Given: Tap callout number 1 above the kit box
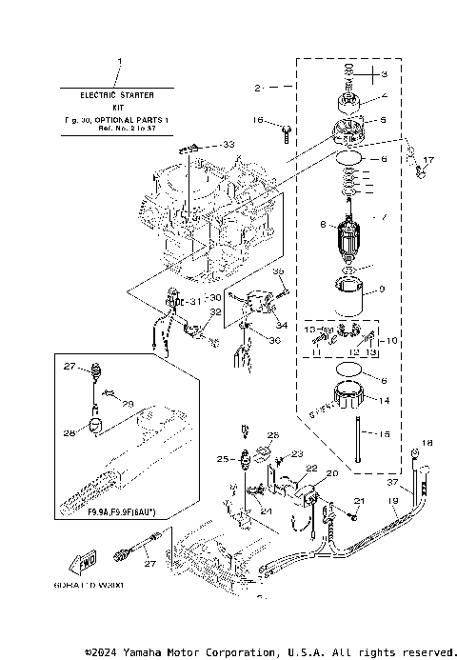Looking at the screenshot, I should tap(119, 63).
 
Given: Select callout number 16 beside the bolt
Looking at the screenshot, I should tap(258, 121).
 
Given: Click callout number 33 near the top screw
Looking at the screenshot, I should tap(228, 143).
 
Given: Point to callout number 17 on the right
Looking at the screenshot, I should tap(428, 160).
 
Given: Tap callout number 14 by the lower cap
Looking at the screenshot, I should tap(384, 401).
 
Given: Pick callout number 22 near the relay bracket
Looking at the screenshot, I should tap(310, 469).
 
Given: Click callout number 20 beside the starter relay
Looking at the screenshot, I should tap(332, 473).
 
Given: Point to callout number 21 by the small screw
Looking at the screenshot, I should tap(359, 501).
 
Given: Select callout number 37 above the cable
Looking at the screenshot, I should tap(391, 483).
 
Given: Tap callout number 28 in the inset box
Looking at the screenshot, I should tap(69, 433).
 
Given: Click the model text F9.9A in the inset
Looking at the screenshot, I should tap(98, 511).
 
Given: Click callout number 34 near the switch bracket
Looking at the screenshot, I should tap(281, 324).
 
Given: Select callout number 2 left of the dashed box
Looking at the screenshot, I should tap(257, 88).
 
